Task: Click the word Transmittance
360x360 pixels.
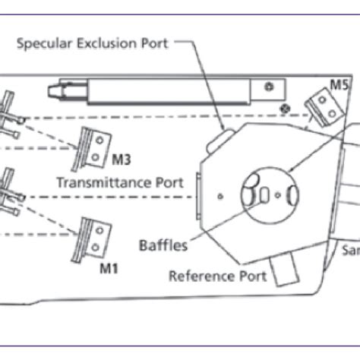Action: click(x=93, y=182)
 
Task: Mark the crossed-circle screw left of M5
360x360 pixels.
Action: click(x=285, y=108)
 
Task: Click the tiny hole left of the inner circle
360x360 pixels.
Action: click(x=219, y=196)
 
